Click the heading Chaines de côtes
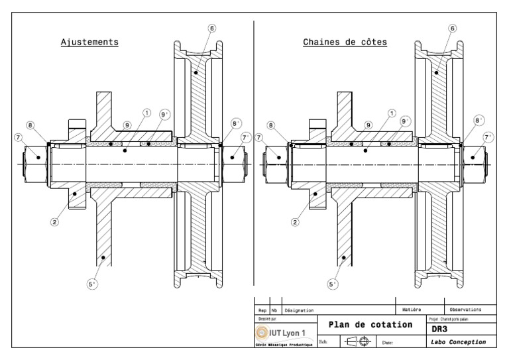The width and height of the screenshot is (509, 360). tap(345, 42)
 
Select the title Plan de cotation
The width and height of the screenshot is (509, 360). tap(371, 325)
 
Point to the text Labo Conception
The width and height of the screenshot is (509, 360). tap(459, 342)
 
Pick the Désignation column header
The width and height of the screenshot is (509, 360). tap(299, 310)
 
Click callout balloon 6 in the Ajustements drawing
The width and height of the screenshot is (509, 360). tap(211, 29)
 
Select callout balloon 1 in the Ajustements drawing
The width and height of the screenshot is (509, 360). tap(147, 113)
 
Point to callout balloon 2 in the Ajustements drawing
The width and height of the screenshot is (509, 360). tap(54, 222)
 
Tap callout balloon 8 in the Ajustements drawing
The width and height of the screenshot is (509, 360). tap(30, 125)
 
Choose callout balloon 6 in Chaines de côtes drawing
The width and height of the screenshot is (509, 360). tap(452, 29)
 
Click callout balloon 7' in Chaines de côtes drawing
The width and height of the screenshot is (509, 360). tap(489, 137)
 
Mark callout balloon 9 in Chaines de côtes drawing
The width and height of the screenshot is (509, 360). tap(369, 125)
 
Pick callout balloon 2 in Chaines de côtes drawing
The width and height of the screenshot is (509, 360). tap(295, 222)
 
